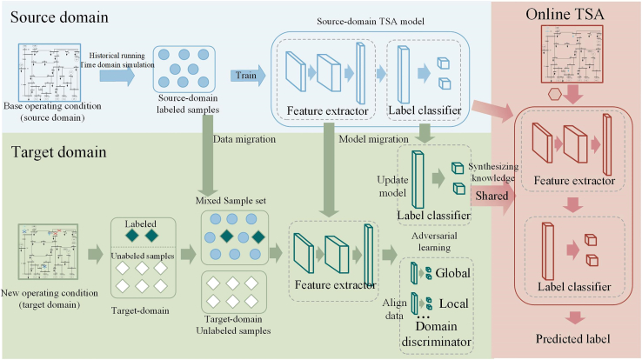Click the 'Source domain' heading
(59, 17)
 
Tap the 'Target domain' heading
(59, 152)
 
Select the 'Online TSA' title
(565, 14)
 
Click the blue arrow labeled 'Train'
(248, 76)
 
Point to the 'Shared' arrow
(493, 196)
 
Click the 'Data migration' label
(244, 139)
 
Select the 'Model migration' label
(373, 139)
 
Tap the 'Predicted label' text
(572, 339)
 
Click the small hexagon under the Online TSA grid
(555, 95)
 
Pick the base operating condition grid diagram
(50, 72)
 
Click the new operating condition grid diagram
(48, 251)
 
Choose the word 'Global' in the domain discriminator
(453, 273)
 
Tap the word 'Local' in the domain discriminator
(453, 303)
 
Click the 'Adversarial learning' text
(434, 242)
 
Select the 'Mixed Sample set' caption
(231, 201)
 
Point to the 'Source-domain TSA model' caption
(371, 21)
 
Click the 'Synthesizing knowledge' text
(493, 172)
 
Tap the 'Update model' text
(392, 186)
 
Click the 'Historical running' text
(117, 56)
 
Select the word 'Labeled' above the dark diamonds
(140, 223)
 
